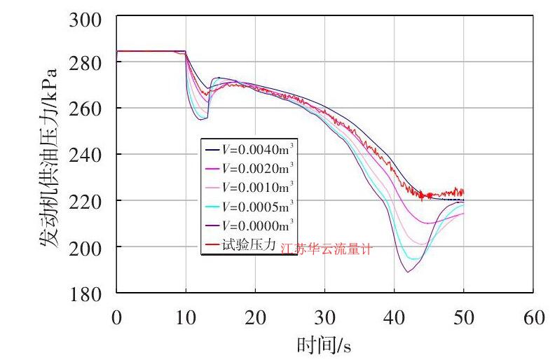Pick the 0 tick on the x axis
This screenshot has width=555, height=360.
click(116, 317)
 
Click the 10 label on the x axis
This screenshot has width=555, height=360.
click(186, 317)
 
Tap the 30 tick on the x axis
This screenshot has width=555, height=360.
click(324, 317)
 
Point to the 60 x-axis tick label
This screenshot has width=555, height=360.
click(533, 317)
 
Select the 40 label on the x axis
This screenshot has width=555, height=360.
click(394, 317)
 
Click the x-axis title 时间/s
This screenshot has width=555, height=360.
click(324, 344)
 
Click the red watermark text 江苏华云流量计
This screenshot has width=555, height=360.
click(326, 249)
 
